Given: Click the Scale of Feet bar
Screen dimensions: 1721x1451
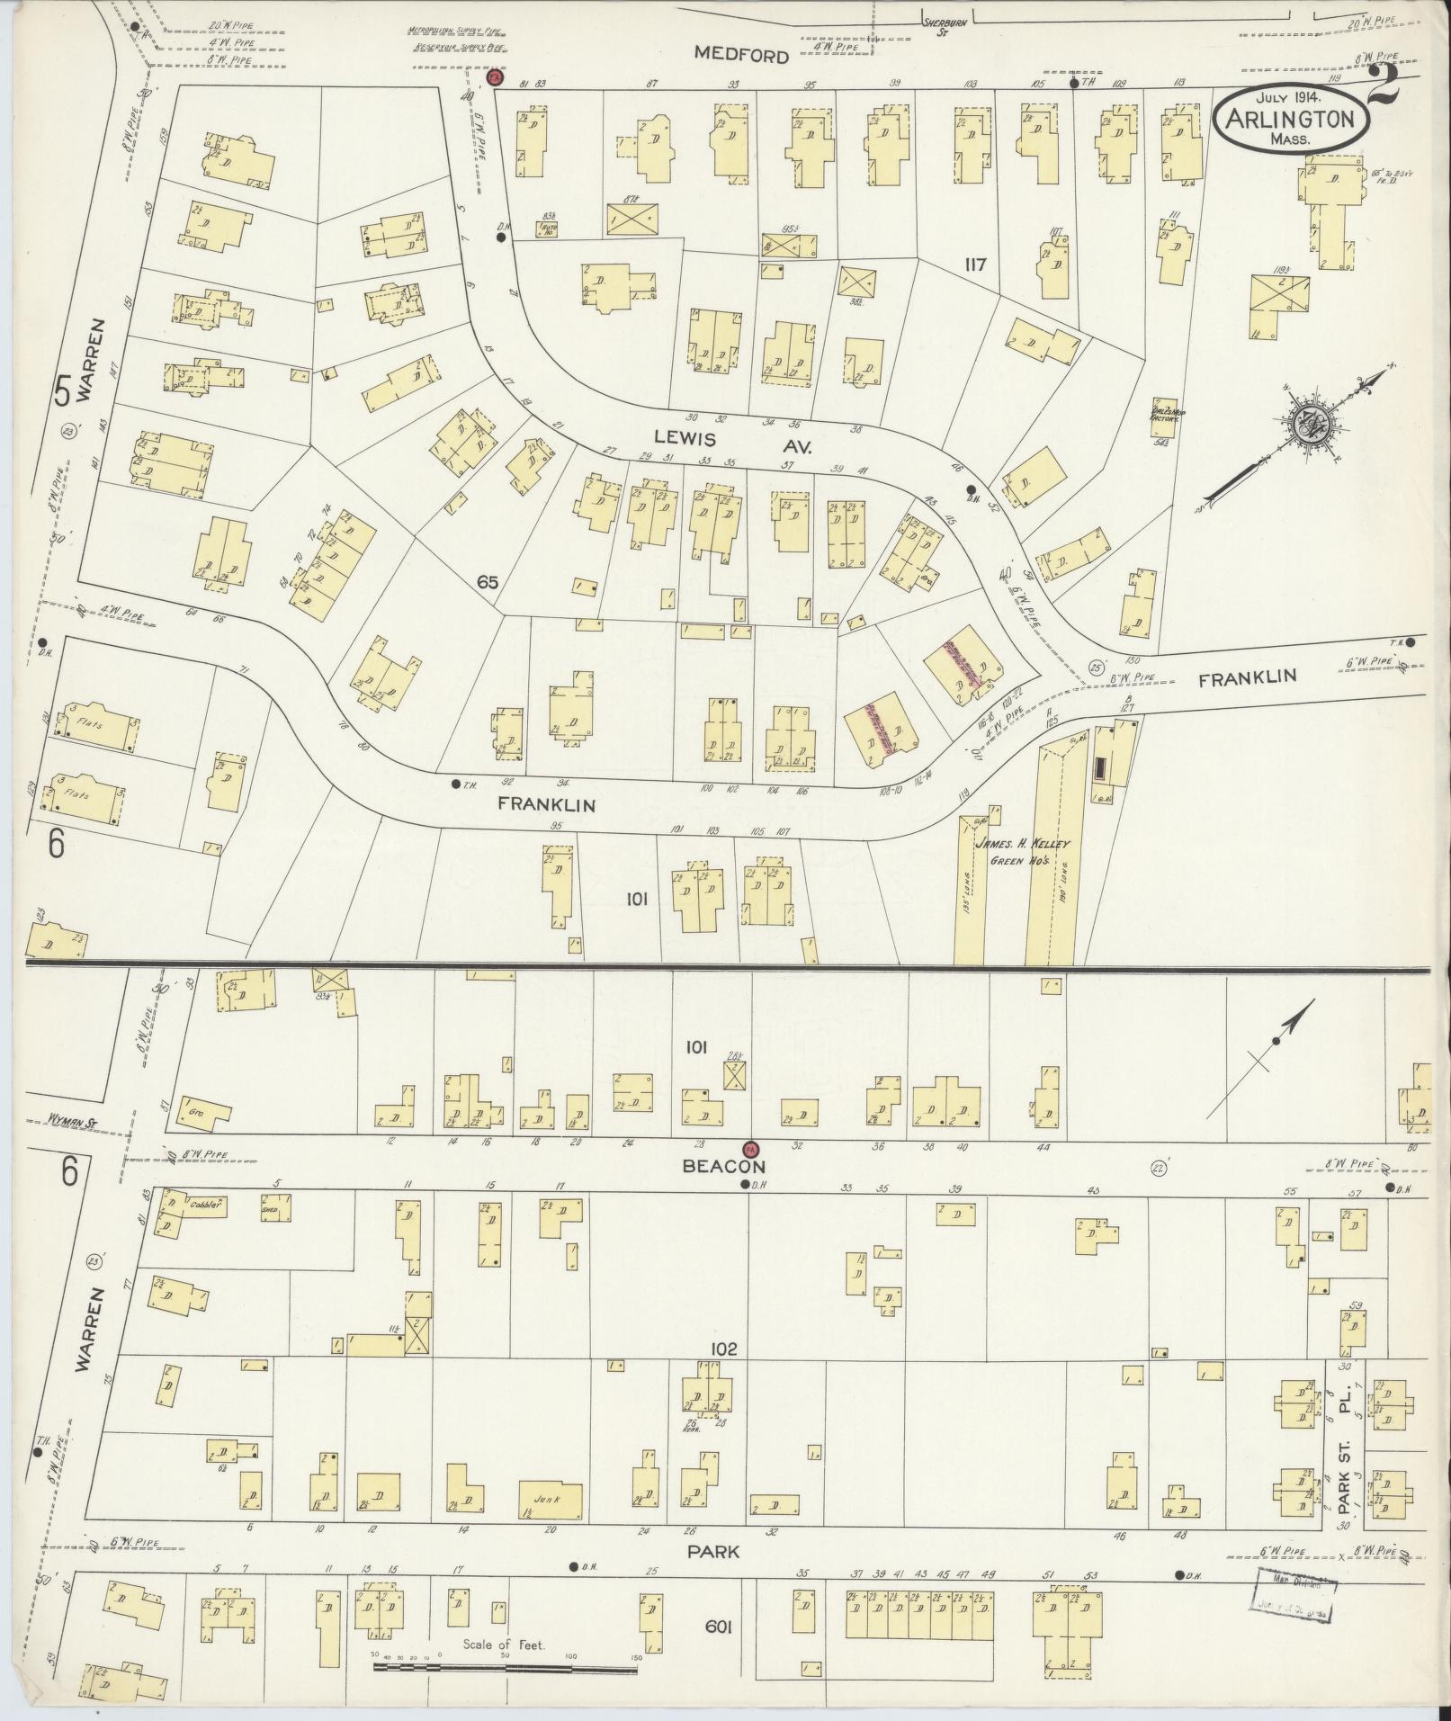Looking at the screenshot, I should tap(505, 1665).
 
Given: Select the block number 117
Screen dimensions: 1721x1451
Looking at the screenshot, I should tap(975, 264).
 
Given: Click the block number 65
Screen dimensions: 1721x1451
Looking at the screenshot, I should tap(488, 582).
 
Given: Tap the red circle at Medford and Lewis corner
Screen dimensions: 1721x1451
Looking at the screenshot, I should tap(494, 78).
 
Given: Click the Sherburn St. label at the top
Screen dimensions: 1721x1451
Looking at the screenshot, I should tap(945, 25).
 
